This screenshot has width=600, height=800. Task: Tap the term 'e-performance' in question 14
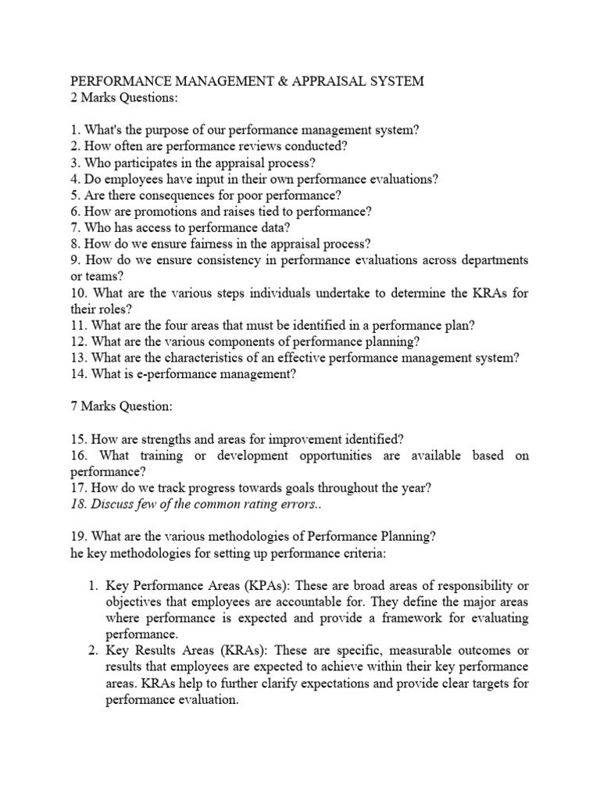(169, 373)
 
